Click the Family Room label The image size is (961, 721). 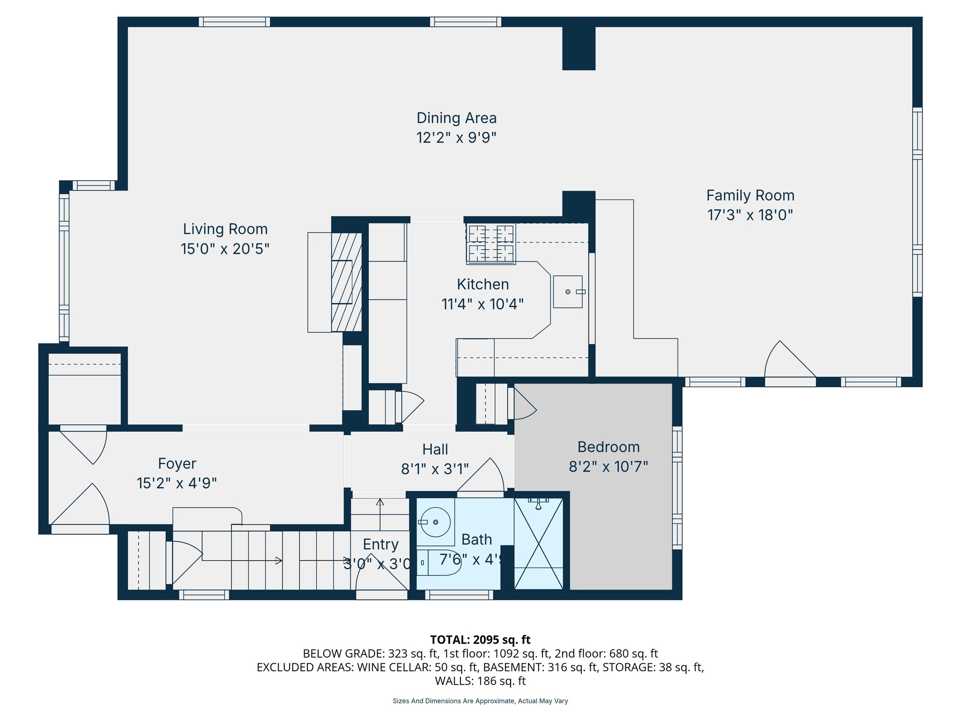750,195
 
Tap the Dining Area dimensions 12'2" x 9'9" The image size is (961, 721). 456,138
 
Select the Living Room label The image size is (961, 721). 225,229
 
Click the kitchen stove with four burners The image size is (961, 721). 491,244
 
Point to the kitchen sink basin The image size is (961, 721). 568,291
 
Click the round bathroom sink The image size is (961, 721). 435,522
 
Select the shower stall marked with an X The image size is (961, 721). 539,544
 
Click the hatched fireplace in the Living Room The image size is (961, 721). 346,282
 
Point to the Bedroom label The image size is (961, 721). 608,447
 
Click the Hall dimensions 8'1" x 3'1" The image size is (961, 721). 435,469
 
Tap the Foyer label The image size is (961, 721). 177,464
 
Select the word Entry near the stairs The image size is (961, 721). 381,545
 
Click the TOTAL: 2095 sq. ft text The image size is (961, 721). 480,640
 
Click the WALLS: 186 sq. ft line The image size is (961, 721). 480,681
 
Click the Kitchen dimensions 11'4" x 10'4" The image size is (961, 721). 482,304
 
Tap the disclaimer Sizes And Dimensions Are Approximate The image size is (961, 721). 480,701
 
